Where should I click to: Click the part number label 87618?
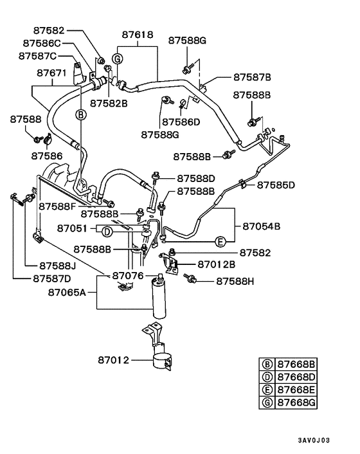pos(137,35)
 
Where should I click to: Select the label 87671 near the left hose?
pos(51,73)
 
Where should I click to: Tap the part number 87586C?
pos(42,43)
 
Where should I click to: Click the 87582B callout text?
pos(109,102)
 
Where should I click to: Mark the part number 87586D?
pos(181,122)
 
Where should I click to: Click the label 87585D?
pos(276,185)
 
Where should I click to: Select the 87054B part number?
pos(262,226)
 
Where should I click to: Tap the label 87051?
pos(72,228)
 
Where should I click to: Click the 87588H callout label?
pos(235,280)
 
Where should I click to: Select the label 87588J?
pos(58,265)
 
